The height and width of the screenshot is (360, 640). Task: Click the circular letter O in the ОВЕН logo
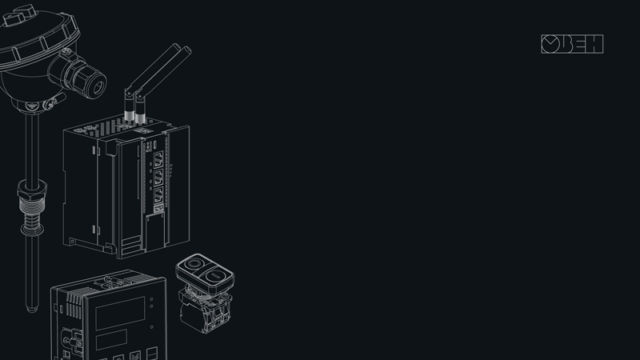click(x=550, y=44)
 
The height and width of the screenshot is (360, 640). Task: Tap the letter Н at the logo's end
click(x=595, y=44)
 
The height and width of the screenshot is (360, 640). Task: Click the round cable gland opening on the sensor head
click(x=98, y=87)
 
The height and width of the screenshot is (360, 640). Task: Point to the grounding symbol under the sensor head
click(x=32, y=106)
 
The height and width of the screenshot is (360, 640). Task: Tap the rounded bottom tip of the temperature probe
click(x=32, y=309)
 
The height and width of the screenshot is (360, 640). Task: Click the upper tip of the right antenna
click(x=188, y=50)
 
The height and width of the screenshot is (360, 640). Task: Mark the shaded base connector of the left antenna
click(x=129, y=114)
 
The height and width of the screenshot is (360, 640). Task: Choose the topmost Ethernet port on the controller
click(x=158, y=158)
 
